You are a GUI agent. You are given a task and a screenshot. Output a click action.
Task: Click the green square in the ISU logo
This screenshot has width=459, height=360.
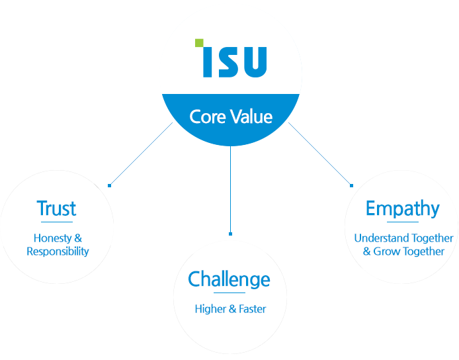coord(198,44)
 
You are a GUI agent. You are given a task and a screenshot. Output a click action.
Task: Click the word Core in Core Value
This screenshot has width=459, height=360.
coord(204,117)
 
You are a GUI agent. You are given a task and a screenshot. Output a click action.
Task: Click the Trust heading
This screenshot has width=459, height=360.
coord(57,208)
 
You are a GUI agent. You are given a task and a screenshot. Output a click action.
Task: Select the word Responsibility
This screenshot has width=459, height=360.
coord(58,251)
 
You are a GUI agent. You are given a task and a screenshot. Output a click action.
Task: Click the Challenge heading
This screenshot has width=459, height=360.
coord(229,279)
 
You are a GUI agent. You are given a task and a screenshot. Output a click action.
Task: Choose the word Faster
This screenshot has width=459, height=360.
coord(253,309)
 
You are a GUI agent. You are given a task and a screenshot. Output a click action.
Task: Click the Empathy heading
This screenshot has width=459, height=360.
coord(402,208)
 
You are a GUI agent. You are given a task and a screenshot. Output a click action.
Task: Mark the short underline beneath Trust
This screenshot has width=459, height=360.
coord(57,222)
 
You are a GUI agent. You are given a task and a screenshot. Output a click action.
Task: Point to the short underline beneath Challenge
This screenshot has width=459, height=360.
coord(230,292)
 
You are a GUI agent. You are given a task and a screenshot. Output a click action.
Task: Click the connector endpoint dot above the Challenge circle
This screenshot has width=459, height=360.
coord(230,234)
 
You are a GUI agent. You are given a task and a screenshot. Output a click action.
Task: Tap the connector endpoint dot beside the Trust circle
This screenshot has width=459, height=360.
coord(110,185)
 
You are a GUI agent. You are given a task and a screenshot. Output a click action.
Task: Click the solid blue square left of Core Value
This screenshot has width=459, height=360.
coord(140,153)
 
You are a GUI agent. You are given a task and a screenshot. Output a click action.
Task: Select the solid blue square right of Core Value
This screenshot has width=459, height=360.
coord(319,153)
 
